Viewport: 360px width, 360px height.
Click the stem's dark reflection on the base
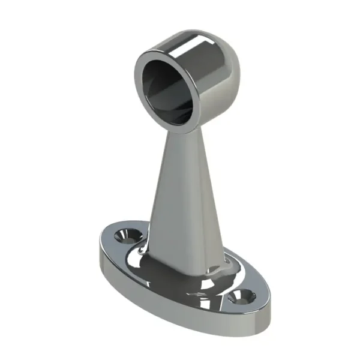pos(174,276)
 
